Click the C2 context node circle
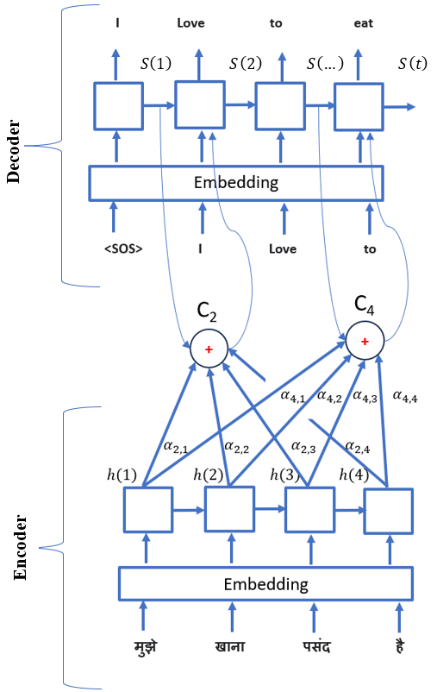209,349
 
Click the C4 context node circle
365,342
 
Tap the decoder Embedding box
235,182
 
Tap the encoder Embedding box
265,584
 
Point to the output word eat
363,23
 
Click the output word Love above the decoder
190,23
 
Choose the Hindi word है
397,646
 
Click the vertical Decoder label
14,152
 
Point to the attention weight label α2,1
174,446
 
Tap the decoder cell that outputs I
118,107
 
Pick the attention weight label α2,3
303,446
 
